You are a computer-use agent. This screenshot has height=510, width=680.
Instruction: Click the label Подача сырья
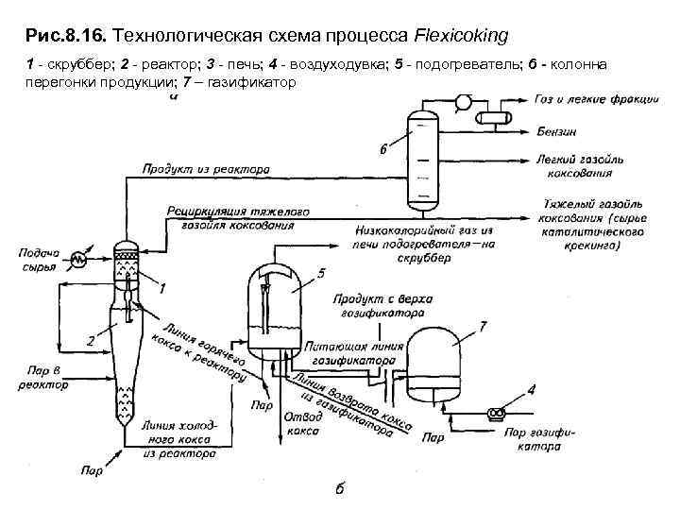(x=38, y=260)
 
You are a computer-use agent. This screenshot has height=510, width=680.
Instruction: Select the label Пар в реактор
(x=42, y=379)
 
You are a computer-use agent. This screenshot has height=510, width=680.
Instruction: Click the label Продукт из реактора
(x=206, y=169)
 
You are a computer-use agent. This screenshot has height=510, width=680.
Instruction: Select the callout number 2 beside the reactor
(x=89, y=340)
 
